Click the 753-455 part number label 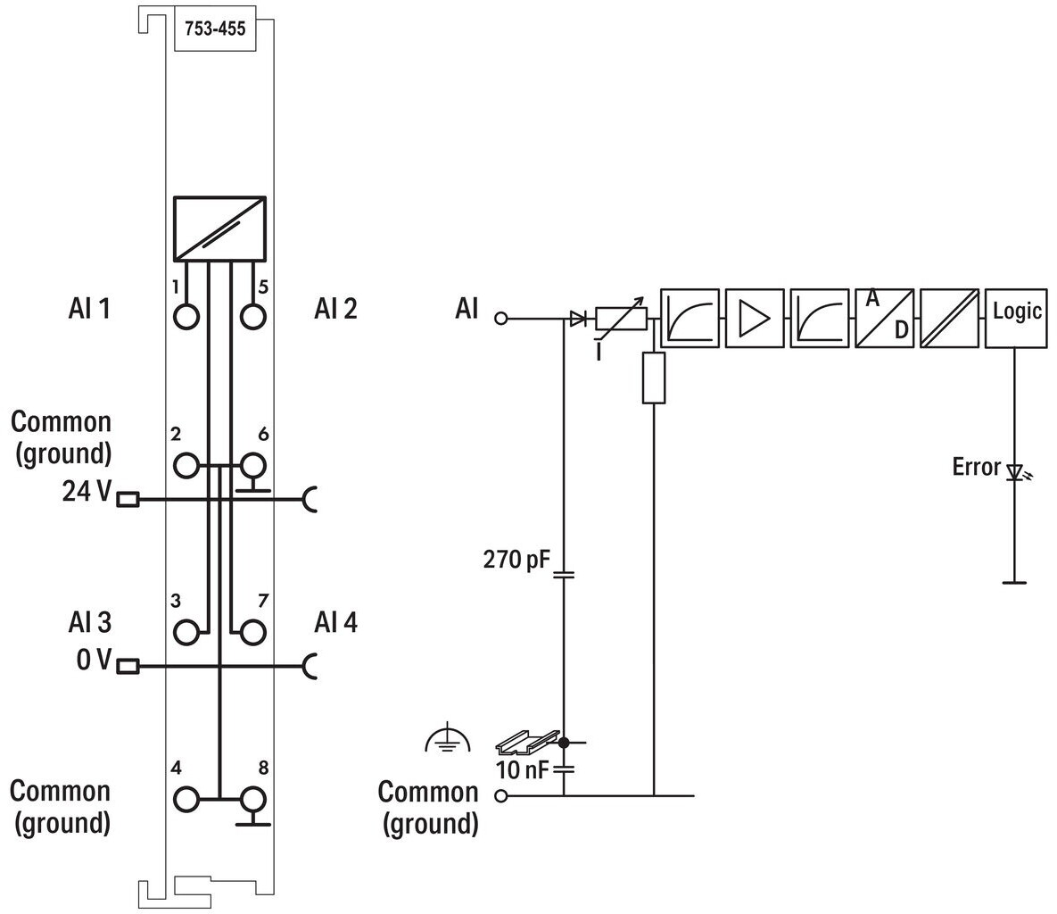tap(215, 29)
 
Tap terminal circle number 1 tap(186, 316)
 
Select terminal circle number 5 tap(252, 316)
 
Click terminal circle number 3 tap(186, 633)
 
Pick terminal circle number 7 tap(252, 633)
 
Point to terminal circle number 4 tap(186, 800)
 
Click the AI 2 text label tap(335, 309)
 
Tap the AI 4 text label tap(335, 622)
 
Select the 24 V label tap(87, 491)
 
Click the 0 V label tap(93, 659)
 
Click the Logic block tap(1017, 319)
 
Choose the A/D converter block tap(885, 319)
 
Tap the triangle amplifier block tap(755, 319)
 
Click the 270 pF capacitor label tap(516, 559)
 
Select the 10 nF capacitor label tap(522, 769)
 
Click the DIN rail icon tap(528, 742)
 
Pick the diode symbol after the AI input tap(578, 319)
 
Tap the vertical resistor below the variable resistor tap(654, 378)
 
